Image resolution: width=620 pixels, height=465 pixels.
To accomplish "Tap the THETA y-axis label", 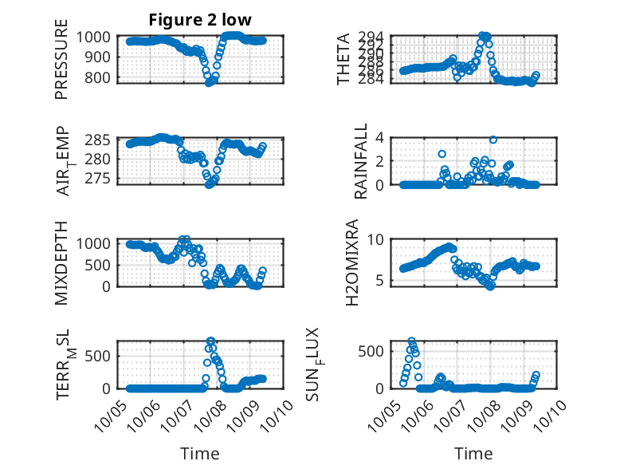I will [343, 59].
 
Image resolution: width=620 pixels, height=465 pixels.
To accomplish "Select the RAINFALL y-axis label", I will [361, 160].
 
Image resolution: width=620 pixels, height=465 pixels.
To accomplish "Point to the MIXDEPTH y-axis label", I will [61, 262].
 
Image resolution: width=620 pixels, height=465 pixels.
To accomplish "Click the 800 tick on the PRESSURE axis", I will [100, 78].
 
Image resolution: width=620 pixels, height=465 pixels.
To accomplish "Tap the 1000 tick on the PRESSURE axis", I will [97, 37].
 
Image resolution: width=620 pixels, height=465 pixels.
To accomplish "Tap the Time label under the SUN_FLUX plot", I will [473, 454].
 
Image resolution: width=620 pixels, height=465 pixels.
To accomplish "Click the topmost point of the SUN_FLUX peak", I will [412, 341].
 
